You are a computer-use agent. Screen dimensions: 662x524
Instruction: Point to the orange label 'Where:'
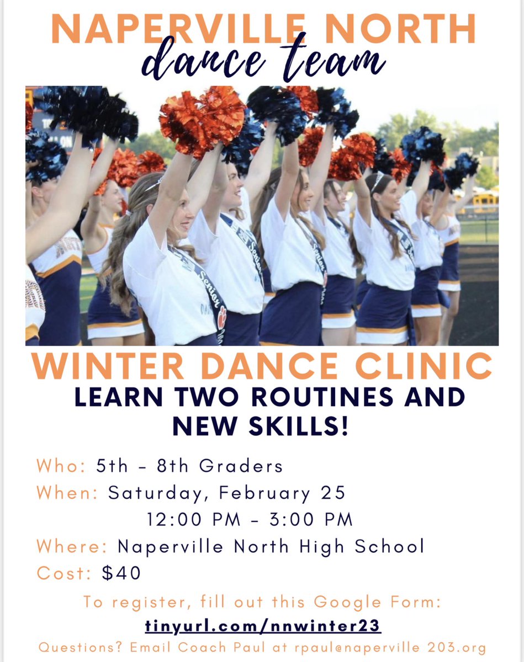pyautogui.click(x=72, y=547)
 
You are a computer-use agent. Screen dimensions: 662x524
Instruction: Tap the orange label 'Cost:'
pyautogui.click(x=63, y=573)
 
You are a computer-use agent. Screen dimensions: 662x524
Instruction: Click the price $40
pyautogui.click(x=121, y=573)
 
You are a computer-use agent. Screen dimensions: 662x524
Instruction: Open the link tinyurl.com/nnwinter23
pyautogui.click(x=263, y=627)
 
